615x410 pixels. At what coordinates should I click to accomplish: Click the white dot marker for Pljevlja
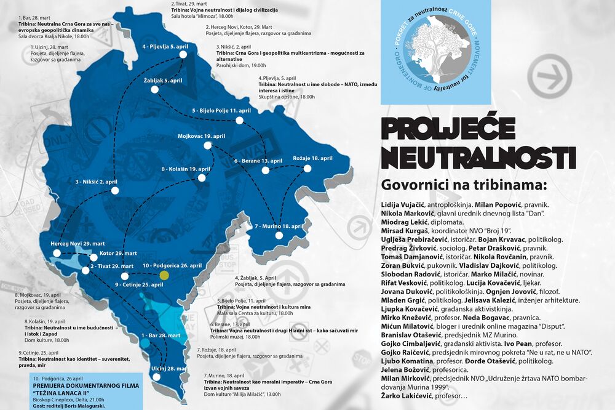(183, 55)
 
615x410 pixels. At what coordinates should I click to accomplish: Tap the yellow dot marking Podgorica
(164, 275)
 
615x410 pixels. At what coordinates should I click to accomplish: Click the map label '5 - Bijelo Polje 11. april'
(221, 111)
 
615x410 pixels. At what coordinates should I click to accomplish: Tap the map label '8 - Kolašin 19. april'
(186, 169)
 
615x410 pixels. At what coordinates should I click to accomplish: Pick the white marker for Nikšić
(115, 191)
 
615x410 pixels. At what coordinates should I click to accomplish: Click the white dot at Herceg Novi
(57, 253)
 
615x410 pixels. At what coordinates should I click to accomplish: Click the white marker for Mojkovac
(207, 145)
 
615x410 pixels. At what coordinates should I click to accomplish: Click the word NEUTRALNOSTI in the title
(478, 157)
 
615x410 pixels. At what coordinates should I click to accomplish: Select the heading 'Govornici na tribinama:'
(464, 184)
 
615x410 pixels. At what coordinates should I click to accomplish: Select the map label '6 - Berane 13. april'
(258, 161)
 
